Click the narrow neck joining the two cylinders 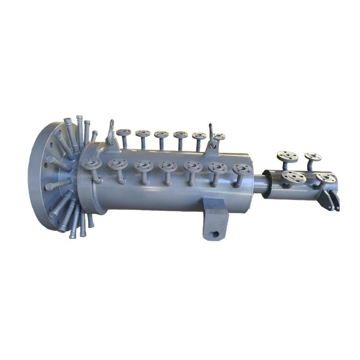point(259,183)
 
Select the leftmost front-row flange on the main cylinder point(91,163)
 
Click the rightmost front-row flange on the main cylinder point(242,169)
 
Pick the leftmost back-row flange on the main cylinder point(124,133)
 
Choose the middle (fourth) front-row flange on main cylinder point(167,166)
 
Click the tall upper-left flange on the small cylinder point(288,157)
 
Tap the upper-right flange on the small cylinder point(313,157)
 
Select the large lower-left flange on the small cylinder point(294,176)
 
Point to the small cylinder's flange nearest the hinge point(325,178)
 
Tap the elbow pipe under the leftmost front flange point(95,175)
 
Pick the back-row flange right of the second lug point(220,137)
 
